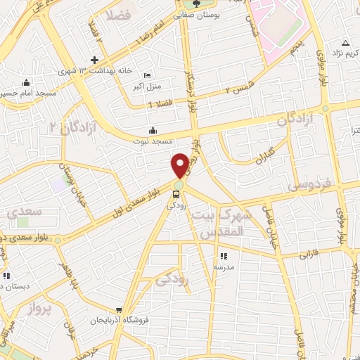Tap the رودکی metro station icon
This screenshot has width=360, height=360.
179,194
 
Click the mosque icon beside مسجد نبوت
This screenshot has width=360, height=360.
153,130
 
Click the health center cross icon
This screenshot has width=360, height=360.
94,60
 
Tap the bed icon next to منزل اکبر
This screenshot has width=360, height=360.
146,76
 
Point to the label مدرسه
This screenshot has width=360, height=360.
224,267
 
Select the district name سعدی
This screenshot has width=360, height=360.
23,211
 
